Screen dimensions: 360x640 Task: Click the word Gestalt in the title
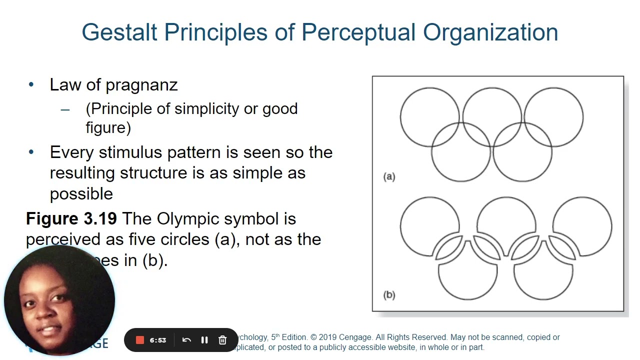point(119,33)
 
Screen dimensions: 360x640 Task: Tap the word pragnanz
point(141,85)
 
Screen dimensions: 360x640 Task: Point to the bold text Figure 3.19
point(71,219)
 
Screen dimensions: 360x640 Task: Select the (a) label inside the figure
point(389,176)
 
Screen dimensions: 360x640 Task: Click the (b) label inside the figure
point(389,295)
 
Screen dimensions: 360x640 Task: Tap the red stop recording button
point(140,340)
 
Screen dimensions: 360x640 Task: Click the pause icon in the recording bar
point(204,340)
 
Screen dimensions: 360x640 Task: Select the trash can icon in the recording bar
point(222,340)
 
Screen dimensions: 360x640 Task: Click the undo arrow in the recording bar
point(186,340)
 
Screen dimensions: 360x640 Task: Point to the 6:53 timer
point(157,340)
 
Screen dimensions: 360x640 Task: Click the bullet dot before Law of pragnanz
point(31,84)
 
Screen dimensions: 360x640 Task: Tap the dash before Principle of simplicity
point(65,109)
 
